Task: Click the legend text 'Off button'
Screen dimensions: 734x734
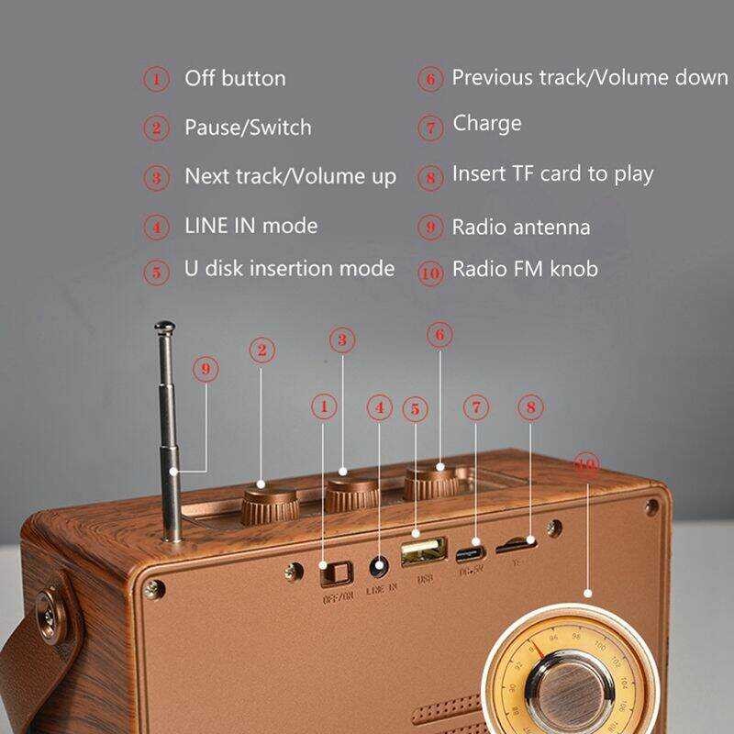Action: click(x=235, y=79)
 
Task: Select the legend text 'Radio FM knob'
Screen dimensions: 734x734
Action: click(x=525, y=270)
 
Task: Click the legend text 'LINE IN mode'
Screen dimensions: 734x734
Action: click(x=250, y=226)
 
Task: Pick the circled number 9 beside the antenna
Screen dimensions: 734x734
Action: click(x=206, y=370)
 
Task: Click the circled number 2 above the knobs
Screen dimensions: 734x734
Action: click(x=262, y=350)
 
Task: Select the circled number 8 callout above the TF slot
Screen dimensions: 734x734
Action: click(x=530, y=406)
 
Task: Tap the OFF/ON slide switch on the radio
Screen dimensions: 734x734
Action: click(x=335, y=573)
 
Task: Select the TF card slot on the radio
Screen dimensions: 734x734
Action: click(x=515, y=548)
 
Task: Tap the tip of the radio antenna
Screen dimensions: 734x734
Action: click(x=165, y=326)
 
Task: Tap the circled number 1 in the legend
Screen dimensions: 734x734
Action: click(x=156, y=79)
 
